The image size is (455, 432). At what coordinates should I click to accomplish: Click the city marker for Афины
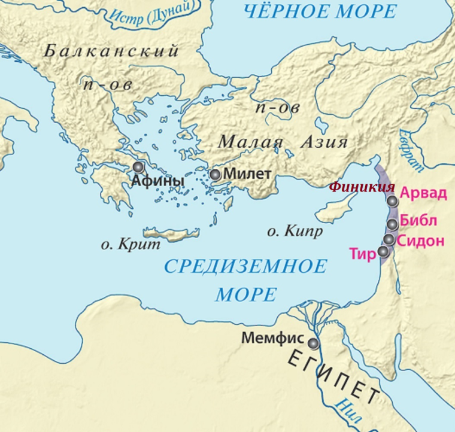[x=138, y=167]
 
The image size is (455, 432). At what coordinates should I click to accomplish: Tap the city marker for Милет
[x=215, y=175]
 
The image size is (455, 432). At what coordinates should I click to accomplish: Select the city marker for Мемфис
[x=313, y=343]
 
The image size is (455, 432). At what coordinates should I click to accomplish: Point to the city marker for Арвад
[x=392, y=201]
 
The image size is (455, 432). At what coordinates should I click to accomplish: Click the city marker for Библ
[x=392, y=224]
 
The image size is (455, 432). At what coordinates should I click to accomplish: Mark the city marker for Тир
[x=384, y=251]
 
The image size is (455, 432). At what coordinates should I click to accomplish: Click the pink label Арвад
[x=423, y=194]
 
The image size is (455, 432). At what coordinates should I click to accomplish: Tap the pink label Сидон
[x=421, y=241]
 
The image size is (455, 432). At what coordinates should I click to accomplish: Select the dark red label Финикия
[x=362, y=187]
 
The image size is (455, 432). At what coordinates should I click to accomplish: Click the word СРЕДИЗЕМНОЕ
[x=246, y=266]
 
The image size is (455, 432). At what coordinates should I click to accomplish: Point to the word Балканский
[x=111, y=51]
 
